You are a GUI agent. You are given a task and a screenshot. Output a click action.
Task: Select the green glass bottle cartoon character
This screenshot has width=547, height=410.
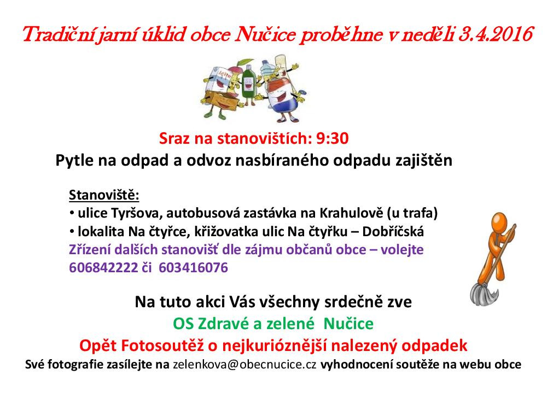249,84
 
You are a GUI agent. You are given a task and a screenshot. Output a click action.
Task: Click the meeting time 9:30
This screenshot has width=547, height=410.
333,138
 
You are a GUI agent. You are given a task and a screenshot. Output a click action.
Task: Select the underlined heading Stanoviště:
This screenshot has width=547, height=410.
104,195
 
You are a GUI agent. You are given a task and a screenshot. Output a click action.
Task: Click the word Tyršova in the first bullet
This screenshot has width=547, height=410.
136,213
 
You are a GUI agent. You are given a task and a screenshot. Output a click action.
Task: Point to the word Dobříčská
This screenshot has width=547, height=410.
393,231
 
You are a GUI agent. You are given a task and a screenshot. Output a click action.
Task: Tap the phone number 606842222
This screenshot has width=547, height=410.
103,268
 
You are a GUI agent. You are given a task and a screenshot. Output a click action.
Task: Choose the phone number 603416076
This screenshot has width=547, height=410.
193,268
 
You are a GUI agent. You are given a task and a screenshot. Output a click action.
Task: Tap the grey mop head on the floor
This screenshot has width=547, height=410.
485,294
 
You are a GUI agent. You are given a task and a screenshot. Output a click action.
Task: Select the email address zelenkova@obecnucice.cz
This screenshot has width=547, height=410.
245,365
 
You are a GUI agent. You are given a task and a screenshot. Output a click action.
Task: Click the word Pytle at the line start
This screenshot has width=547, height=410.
74,161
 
